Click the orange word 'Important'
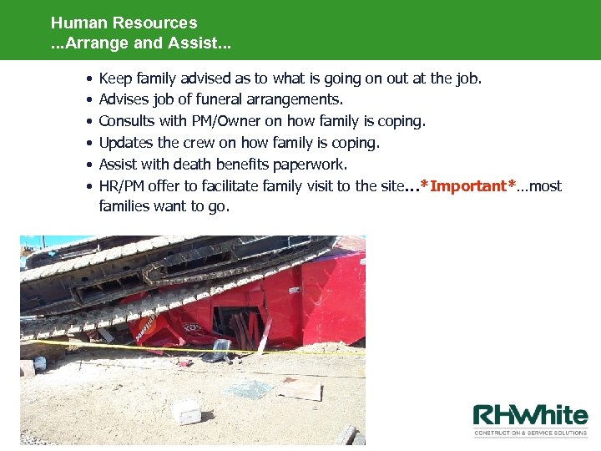pyautogui.click(x=468, y=186)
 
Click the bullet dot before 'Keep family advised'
pyautogui.click(x=88, y=79)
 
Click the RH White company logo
pyautogui.click(x=530, y=417)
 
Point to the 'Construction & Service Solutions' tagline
pyautogui.click(x=530, y=433)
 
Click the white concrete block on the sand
pyautogui.click(x=186, y=412)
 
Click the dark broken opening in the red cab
pyautogui.click(x=238, y=322)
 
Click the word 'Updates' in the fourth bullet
pyautogui.click(x=125, y=143)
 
